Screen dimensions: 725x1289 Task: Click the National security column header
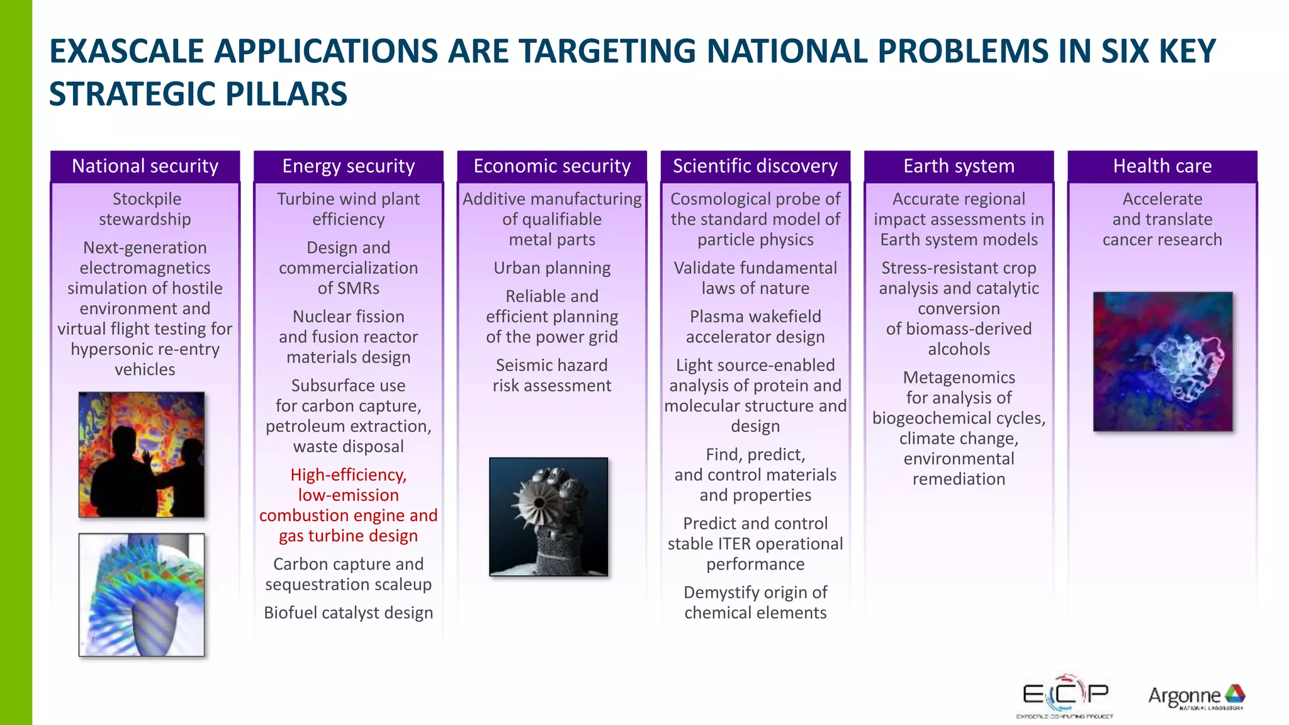(x=145, y=166)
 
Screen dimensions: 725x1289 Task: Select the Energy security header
(x=348, y=166)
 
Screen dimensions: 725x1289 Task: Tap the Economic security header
(x=552, y=166)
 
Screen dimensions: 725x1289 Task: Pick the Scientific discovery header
(x=755, y=166)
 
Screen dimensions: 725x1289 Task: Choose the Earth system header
(x=959, y=166)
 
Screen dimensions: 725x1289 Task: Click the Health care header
(x=1162, y=166)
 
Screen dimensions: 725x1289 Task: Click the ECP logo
(x=1065, y=696)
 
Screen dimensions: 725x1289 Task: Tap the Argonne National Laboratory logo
(x=1196, y=697)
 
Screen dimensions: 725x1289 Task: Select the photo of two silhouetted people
(x=142, y=454)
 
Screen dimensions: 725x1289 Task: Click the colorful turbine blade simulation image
(x=142, y=595)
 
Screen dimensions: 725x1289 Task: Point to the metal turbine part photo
(x=548, y=517)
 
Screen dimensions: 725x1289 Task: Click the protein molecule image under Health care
(x=1162, y=361)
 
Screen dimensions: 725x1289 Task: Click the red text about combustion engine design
(x=348, y=505)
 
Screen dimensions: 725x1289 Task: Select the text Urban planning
(x=552, y=268)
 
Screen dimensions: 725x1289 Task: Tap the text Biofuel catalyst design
(x=348, y=613)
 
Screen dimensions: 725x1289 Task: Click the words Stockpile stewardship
(x=145, y=209)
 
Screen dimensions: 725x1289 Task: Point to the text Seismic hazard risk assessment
(x=552, y=375)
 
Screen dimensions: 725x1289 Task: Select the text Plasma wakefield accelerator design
(x=755, y=327)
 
